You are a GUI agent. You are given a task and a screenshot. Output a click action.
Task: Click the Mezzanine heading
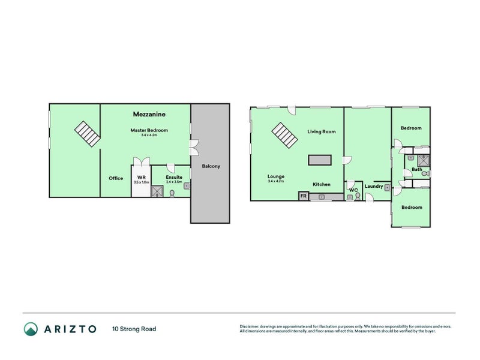(x=149, y=113)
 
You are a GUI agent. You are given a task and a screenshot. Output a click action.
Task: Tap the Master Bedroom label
(x=149, y=130)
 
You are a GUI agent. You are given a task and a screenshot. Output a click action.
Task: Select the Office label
(x=116, y=178)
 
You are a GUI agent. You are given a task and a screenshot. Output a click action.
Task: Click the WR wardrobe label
(x=142, y=178)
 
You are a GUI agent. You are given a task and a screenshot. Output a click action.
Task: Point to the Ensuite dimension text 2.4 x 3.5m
(x=174, y=182)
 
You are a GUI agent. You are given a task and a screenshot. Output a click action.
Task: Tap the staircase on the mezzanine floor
(x=88, y=134)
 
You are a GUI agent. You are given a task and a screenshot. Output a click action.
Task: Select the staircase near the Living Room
(x=284, y=135)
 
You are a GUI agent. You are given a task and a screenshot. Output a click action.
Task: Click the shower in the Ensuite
(x=158, y=191)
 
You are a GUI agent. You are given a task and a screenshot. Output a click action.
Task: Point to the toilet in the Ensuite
(x=173, y=193)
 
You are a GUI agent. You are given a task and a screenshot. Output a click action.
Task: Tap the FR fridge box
(x=303, y=196)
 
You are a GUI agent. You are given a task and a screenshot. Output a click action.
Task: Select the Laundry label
(x=373, y=186)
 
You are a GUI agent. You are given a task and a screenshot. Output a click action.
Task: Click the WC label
(x=353, y=190)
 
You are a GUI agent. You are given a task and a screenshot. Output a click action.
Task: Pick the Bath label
(x=417, y=170)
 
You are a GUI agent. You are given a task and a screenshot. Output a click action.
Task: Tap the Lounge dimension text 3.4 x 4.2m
(x=276, y=182)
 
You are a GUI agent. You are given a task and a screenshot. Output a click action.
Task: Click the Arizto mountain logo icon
(x=31, y=329)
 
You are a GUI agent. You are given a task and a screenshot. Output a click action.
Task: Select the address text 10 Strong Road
(x=134, y=329)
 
